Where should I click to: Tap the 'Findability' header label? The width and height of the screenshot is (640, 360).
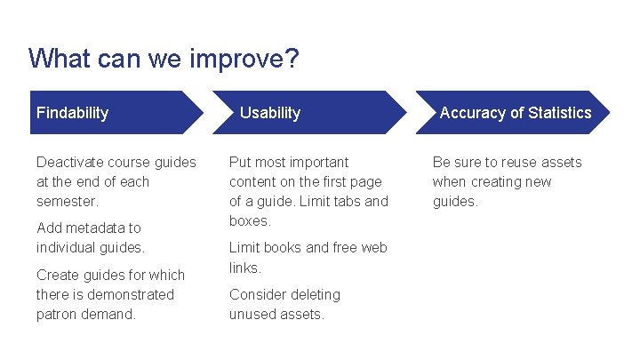(72, 113)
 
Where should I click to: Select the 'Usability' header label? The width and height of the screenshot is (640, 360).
(270, 113)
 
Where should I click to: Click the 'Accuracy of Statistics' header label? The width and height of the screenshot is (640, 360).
(516, 113)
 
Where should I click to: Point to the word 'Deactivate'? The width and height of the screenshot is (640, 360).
(70, 162)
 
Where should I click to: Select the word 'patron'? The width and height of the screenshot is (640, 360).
(59, 314)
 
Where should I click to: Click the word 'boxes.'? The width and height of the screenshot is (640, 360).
(250, 220)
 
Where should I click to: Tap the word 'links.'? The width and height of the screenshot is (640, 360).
(244, 268)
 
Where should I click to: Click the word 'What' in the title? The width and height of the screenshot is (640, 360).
(56, 60)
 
